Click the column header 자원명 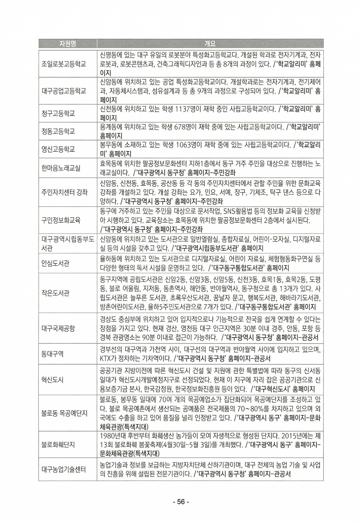(67, 44)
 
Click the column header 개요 (210, 44)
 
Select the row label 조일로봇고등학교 (64, 64)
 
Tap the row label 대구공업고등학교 (64, 91)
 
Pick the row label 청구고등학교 (58, 113)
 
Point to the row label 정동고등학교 (58, 131)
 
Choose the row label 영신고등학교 (58, 149)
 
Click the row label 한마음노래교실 (61, 168)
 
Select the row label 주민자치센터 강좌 (64, 192)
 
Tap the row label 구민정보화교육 (61, 220)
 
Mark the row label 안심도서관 (56, 263)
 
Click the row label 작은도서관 (56, 293)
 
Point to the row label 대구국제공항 (58, 329)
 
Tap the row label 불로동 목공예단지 (64, 413)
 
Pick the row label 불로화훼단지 (58, 444)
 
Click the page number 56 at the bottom (181, 502)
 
